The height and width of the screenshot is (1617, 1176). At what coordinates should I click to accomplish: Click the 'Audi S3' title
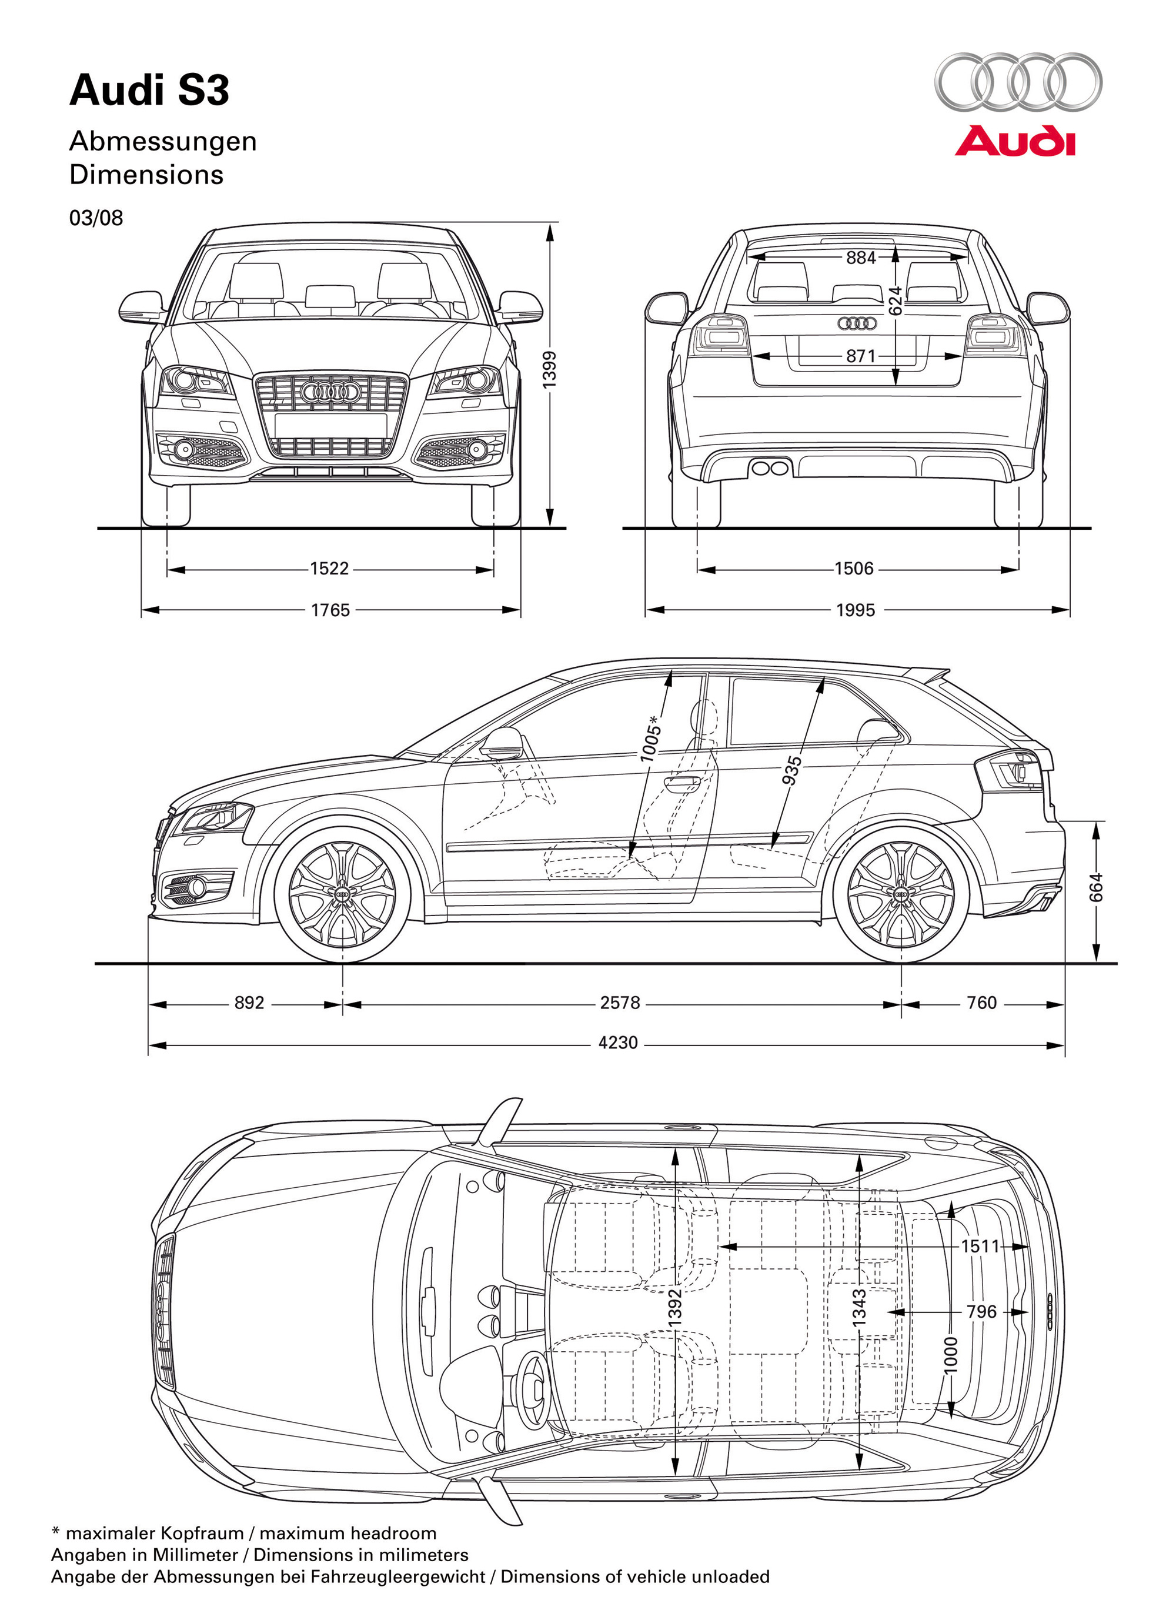point(149,91)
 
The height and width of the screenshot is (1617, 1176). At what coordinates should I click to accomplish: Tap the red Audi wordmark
point(1015,141)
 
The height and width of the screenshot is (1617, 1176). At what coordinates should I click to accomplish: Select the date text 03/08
point(96,218)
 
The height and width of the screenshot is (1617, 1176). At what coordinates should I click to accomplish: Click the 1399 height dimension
point(549,370)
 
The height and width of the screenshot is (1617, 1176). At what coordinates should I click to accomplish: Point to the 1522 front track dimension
point(329,568)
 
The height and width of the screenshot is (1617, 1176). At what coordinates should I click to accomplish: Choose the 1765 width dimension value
point(330,610)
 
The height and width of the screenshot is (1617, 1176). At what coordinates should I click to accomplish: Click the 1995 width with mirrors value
point(855,610)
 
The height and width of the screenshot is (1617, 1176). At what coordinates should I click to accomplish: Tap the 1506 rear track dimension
point(854,568)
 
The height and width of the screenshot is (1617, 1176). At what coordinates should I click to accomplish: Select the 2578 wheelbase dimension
point(620,1003)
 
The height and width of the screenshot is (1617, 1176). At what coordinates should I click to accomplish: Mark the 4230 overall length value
point(617,1043)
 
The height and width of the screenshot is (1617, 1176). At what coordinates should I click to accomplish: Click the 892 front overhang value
point(249,1003)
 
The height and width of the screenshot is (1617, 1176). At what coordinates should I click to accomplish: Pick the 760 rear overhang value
point(981,1003)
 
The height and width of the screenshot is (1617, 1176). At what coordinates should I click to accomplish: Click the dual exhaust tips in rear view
point(770,467)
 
